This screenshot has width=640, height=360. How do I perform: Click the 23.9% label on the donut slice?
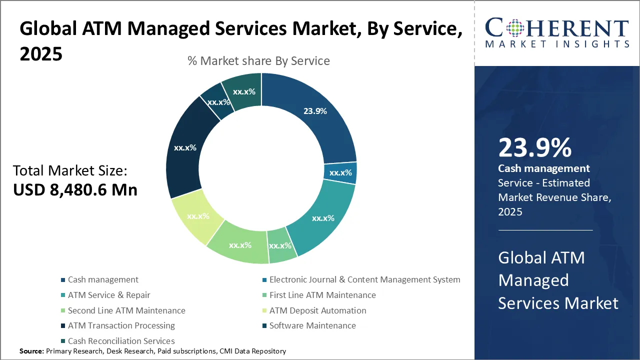[315, 111]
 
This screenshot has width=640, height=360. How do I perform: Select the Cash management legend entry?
[103, 279]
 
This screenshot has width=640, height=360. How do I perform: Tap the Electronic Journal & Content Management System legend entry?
[364, 279]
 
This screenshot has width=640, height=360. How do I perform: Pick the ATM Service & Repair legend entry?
[109, 295]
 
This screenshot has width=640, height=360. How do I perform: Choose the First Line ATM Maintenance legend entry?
[322, 295]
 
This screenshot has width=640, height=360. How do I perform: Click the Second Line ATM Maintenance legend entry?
[126, 310]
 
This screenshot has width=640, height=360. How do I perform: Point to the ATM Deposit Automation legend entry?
[317, 310]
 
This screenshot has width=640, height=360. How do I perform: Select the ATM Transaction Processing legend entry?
[121, 325]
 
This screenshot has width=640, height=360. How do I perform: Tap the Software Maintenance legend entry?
[312, 325]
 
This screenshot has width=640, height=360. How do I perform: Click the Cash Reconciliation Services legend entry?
[121, 341]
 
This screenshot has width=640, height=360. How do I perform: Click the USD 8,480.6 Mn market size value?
[75, 190]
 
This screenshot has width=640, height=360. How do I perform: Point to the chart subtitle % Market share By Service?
[258, 61]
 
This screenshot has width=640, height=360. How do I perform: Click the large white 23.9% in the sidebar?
[534, 148]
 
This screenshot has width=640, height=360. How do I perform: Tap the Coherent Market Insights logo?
[556, 33]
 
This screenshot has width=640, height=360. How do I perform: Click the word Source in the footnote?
[31, 351]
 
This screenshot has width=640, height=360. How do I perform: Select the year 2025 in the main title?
[41, 54]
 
